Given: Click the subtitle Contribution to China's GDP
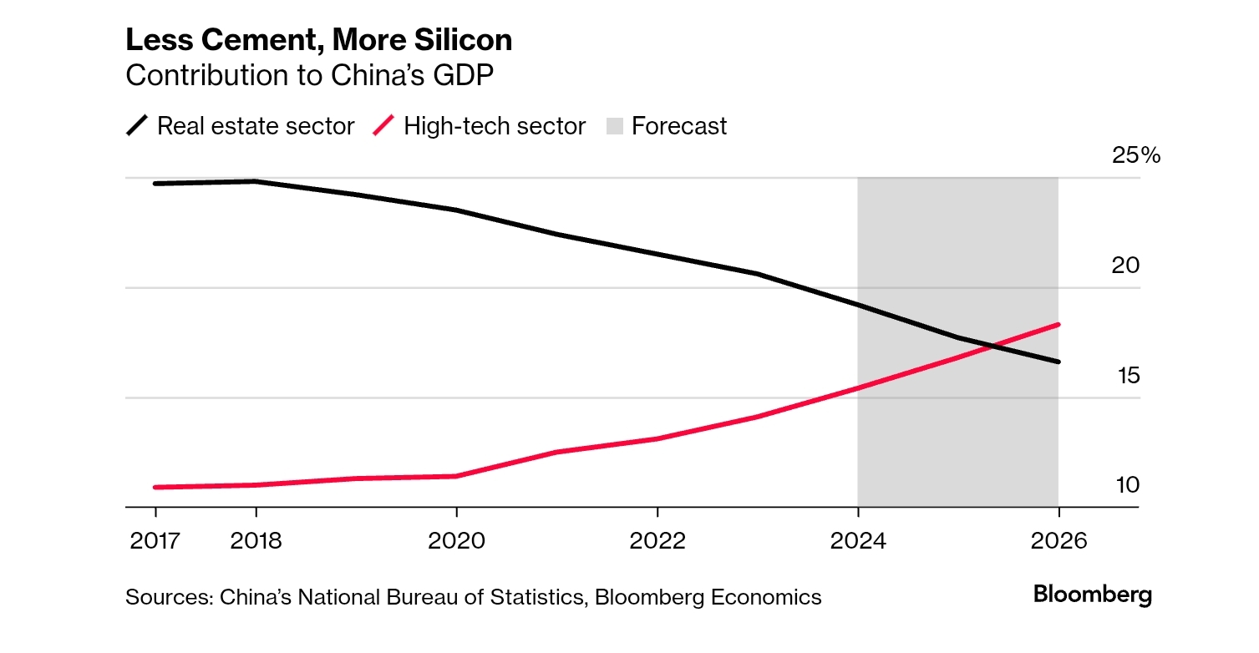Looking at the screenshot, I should click(x=309, y=75).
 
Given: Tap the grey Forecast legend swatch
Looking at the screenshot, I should click(x=615, y=126).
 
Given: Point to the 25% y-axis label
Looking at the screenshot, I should click(x=1135, y=156).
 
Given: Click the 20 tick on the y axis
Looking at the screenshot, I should click(x=1126, y=266).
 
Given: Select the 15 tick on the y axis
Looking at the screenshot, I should click(x=1128, y=376).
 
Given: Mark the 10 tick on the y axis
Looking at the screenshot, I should click(x=1128, y=485).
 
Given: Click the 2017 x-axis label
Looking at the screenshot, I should click(x=155, y=541).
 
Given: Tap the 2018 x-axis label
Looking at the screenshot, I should click(x=256, y=541).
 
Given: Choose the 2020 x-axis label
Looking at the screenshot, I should click(x=456, y=541).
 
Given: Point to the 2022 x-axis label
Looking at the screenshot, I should click(x=657, y=541).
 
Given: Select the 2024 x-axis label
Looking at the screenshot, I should click(x=858, y=541).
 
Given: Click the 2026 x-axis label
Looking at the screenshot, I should click(x=1058, y=541).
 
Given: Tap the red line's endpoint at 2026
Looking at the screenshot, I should click(x=1058, y=324).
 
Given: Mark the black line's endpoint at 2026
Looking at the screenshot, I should click(x=1058, y=362).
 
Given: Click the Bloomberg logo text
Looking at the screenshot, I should click(x=1092, y=595).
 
